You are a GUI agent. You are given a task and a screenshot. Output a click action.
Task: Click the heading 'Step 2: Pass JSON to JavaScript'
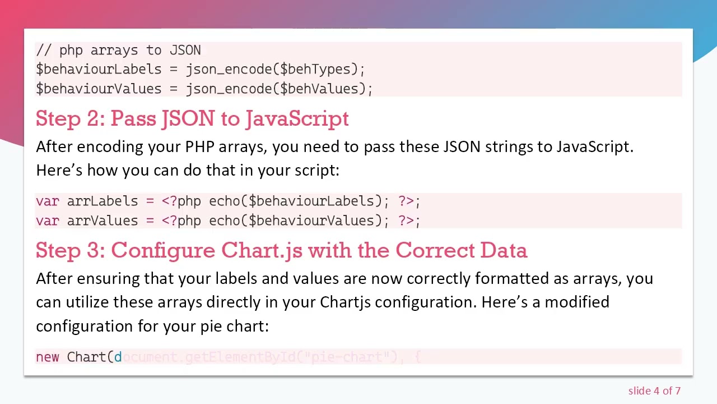pyautogui.click(x=192, y=118)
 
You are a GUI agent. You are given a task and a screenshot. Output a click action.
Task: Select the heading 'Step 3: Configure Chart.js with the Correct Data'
pyautogui.click(x=281, y=250)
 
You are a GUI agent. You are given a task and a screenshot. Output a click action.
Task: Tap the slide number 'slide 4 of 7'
pyautogui.click(x=654, y=391)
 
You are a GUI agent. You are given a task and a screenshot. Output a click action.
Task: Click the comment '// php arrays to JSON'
pyautogui.click(x=118, y=50)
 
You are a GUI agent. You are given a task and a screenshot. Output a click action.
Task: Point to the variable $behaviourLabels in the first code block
pyautogui.click(x=99, y=69)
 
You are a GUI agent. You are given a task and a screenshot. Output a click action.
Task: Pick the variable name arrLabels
pyautogui.click(x=102, y=201)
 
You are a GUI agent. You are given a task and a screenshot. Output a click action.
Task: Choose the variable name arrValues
pyautogui.click(x=102, y=221)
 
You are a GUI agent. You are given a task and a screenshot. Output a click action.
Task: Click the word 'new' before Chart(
pyautogui.click(x=47, y=357)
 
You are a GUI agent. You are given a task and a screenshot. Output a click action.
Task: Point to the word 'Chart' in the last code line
pyautogui.click(x=86, y=357)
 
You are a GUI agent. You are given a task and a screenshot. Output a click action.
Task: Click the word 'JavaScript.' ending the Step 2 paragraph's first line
pyautogui.click(x=594, y=147)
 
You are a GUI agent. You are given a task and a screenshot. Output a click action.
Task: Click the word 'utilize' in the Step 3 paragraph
pyautogui.click(x=87, y=302)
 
